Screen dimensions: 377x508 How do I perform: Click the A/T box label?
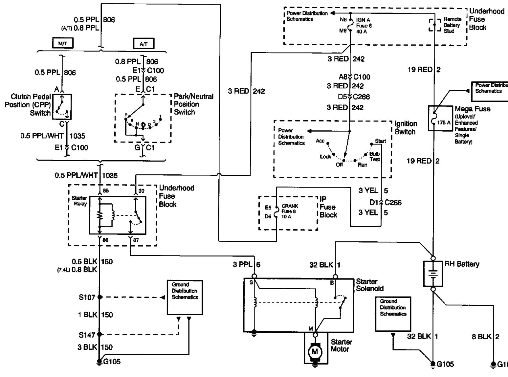click(144, 44)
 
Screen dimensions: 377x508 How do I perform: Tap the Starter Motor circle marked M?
click(315, 352)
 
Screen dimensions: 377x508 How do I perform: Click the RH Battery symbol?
click(433, 274)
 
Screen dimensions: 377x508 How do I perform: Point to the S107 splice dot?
click(100, 297)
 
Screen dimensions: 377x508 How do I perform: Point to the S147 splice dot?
click(100, 335)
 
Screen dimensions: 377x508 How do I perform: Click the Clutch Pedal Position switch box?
click(62, 107)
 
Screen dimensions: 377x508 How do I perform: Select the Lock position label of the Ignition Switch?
click(325, 157)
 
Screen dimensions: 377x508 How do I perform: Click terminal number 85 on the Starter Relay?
click(106, 191)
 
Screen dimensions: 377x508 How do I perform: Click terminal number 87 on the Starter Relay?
click(136, 240)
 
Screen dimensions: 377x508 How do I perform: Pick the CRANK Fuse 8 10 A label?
click(290, 211)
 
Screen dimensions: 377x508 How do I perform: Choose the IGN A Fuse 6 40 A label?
click(364, 26)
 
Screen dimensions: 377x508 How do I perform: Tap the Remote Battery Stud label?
click(452, 25)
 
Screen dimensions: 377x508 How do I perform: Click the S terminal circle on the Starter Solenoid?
click(254, 276)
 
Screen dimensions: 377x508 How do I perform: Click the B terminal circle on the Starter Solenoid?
click(335, 277)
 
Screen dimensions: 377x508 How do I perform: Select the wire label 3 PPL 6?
click(247, 264)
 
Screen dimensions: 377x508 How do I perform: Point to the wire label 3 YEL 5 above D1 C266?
click(373, 190)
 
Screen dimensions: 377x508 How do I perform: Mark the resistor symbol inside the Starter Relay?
click(100, 215)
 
